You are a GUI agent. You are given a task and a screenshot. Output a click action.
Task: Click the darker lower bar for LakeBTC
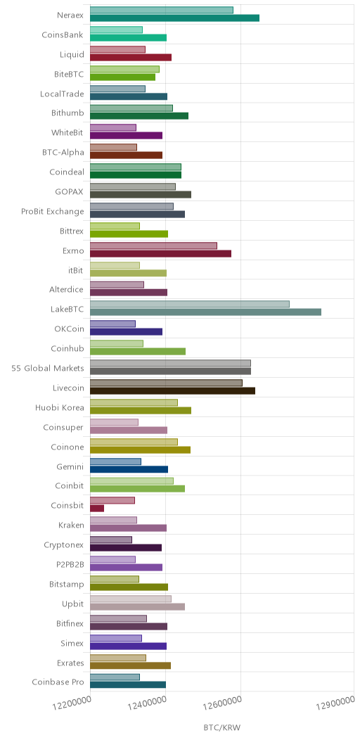click(205, 312)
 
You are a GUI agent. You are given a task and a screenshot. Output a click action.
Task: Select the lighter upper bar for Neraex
click(161, 11)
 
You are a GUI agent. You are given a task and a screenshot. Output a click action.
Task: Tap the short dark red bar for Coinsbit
click(97, 509)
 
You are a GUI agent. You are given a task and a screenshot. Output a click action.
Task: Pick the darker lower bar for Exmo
click(160, 253)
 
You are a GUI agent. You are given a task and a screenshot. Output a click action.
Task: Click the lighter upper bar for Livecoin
click(166, 383)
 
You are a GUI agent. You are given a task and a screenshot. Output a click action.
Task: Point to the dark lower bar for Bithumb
click(139, 115)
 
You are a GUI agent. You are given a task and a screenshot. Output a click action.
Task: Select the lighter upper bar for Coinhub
click(117, 343)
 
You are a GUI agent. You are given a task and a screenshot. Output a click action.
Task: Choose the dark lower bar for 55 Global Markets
click(170, 371)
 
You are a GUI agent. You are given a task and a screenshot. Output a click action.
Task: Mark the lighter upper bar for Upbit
click(131, 599)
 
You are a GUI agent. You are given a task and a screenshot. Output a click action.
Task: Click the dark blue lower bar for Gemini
click(129, 469)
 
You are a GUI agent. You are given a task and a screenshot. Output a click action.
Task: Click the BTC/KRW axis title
click(221, 728)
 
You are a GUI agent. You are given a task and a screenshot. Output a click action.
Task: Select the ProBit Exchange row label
click(52, 211)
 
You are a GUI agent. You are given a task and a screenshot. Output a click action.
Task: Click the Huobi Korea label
click(60, 408)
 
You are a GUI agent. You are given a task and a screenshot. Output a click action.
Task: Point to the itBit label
click(76, 270)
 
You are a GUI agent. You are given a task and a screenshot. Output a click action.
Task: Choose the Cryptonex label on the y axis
click(63, 546)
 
